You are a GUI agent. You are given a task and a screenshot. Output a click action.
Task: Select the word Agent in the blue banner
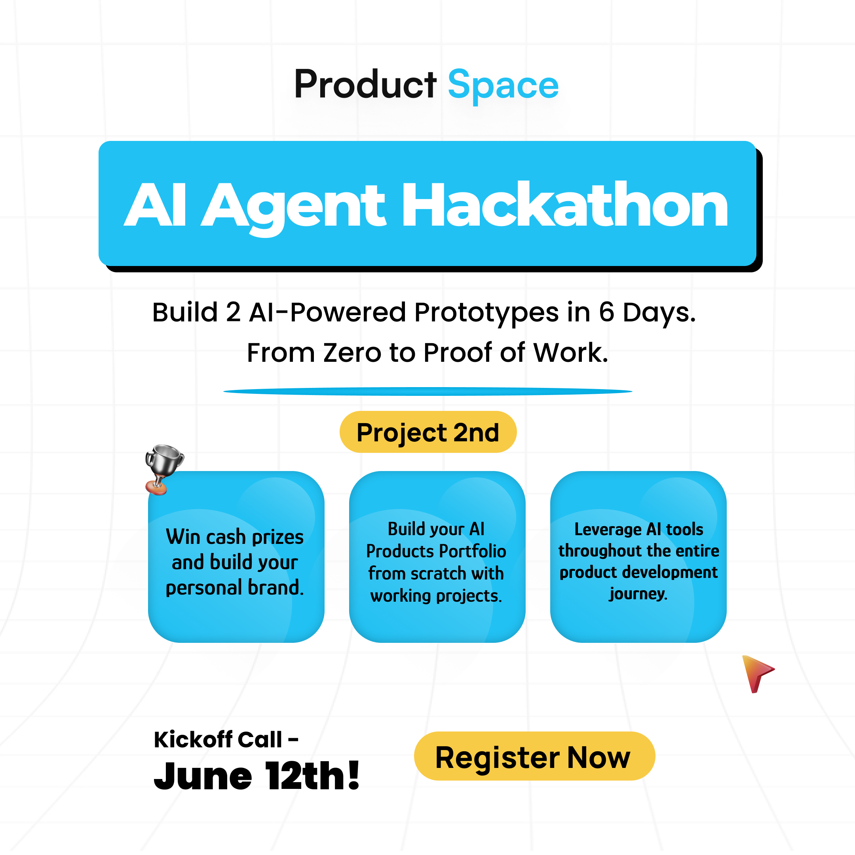point(294,208)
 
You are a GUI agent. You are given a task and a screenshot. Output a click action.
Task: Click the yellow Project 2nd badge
point(428,432)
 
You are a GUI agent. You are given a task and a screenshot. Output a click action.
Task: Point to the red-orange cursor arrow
point(757,673)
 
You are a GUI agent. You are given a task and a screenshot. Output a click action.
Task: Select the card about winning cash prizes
point(236,557)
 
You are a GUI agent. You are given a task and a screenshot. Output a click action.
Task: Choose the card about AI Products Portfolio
point(437,557)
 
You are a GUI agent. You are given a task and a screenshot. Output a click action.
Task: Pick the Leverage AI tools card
point(638,557)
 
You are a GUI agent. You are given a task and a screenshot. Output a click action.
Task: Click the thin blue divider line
point(428,391)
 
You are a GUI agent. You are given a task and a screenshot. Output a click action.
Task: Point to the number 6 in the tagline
point(606,312)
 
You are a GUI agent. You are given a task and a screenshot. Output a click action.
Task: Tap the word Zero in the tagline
point(352,353)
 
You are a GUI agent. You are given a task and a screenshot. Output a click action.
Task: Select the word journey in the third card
point(638,594)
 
